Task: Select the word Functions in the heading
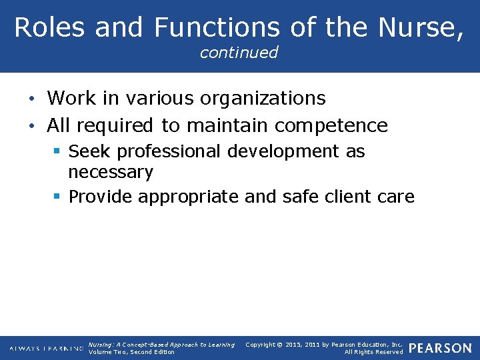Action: [217, 27]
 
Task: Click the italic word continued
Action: [239, 53]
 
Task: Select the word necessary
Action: [111, 173]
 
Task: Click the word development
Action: [283, 151]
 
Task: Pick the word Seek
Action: [89, 151]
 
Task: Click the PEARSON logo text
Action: [440, 348]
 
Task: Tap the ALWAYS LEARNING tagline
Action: [46, 349]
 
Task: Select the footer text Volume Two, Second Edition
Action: [131, 352]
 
